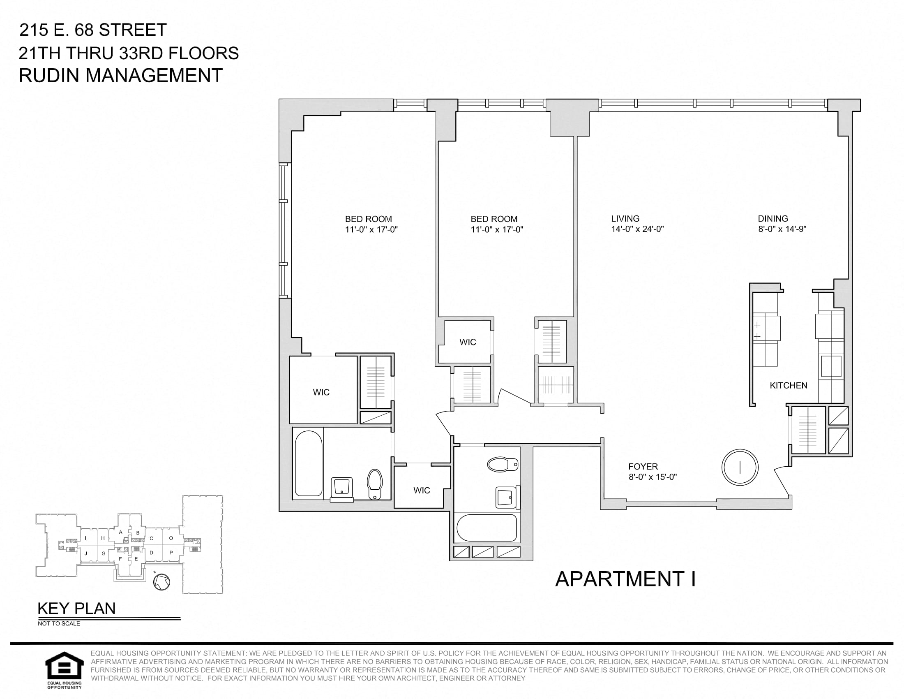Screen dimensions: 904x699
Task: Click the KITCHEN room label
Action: pyautogui.click(x=788, y=386)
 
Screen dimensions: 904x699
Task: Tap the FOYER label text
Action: pyautogui.click(x=643, y=466)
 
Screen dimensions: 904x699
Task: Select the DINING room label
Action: pyautogui.click(x=773, y=219)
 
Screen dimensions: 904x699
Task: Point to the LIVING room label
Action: pyautogui.click(x=625, y=219)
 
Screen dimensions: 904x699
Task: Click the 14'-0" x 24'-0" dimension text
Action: pyautogui.click(x=637, y=229)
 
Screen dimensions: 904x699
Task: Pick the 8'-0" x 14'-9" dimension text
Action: pyautogui.click(x=782, y=229)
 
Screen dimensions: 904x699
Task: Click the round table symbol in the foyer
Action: pyautogui.click(x=740, y=467)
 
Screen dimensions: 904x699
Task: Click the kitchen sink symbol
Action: pyautogui.click(x=831, y=366)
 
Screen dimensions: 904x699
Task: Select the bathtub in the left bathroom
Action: pyautogui.click(x=308, y=463)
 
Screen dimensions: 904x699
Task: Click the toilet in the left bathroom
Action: pyautogui.click(x=375, y=484)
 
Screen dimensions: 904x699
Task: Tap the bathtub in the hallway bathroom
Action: pyautogui.click(x=487, y=528)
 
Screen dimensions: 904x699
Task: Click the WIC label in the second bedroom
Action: pyautogui.click(x=468, y=342)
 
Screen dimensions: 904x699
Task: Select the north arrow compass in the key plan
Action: pyautogui.click(x=161, y=581)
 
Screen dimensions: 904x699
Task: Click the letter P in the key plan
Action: pyautogui.click(x=171, y=553)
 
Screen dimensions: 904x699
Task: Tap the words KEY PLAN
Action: pyautogui.click(x=76, y=609)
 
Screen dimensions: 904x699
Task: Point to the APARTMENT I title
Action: pyautogui.click(x=625, y=579)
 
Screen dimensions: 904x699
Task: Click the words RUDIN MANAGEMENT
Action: pyautogui.click(x=121, y=76)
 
